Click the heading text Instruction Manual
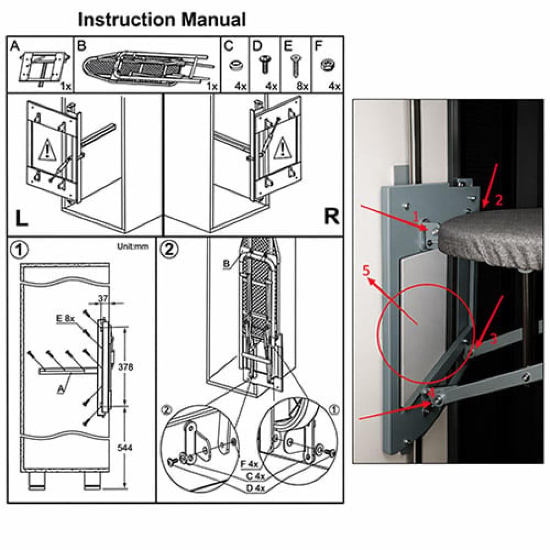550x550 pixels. click(x=162, y=20)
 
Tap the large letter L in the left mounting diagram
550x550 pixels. click(x=22, y=218)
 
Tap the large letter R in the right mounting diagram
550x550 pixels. click(x=331, y=216)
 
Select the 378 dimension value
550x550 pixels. click(x=125, y=367)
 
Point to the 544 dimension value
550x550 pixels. click(x=125, y=448)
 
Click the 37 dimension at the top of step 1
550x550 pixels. click(x=103, y=299)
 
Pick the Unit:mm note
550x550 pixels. click(x=133, y=246)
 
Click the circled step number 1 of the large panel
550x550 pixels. click(x=20, y=250)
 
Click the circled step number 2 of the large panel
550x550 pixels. click(x=169, y=249)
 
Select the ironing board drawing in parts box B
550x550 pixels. click(x=148, y=68)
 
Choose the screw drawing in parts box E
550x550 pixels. click(x=295, y=66)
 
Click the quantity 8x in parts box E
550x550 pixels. click(x=302, y=86)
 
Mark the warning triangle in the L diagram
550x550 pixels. click(x=46, y=150)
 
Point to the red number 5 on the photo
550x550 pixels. click(x=366, y=271)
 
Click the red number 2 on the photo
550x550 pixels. click(x=499, y=200)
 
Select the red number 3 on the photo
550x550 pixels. click(x=493, y=339)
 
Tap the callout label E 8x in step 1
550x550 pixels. click(x=65, y=318)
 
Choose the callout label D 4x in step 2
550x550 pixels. click(x=255, y=488)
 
